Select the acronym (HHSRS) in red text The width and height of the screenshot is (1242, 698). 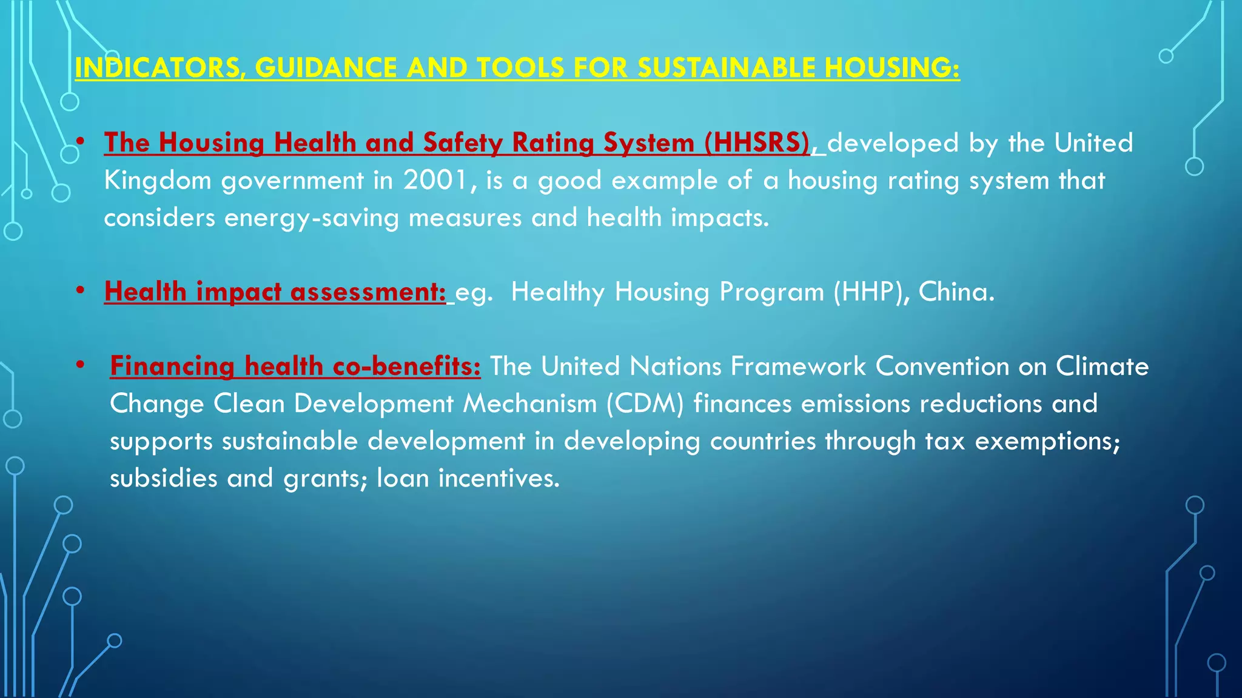(x=757, y=143)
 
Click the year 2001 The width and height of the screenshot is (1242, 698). (x=436, y=181)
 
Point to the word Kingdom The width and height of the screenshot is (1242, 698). (x=158, y=181)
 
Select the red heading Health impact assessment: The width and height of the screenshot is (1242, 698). (x=275, y=292)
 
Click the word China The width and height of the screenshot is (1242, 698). (x=956, y=292)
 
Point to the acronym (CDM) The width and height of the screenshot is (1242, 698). (x=645, y=404)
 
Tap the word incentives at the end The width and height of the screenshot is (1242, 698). (x=498, y=479)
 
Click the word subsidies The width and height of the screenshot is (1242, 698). (x=164, y=479)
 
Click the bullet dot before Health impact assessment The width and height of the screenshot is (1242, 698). (x=80, y=291)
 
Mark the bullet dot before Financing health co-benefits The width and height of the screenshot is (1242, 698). (x=80, y=365)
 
